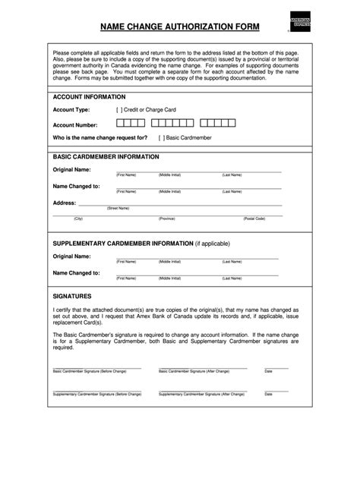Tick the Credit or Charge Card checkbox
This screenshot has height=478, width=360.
pyautogui.click(x=120, y=109)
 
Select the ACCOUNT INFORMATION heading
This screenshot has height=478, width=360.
pyautogui.click(x=89, y=97)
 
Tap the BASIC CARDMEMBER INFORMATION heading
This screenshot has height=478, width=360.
pyautogui.click(x=106, y=156)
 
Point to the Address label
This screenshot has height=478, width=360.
pyautogui.click(x=65, y=203)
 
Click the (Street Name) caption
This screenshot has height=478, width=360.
pyautogui.click(x=118, y=208)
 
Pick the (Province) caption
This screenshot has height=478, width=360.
pyautogui.click(x=167, y=219)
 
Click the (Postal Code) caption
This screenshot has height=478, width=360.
pyautogui.click(x=254, y=219)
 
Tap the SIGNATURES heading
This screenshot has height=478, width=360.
pyautogui.click(x=72, y=296)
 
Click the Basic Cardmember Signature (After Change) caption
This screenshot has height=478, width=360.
pyautogui.click(x=194, y=372)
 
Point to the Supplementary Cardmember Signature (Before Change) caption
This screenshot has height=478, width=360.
pyautogui.click(x=97, y=395)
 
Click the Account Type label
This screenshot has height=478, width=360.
pyautogui.click(x=72, y=109)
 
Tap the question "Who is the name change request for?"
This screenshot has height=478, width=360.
pyautogui.click(x=100, y=138)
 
